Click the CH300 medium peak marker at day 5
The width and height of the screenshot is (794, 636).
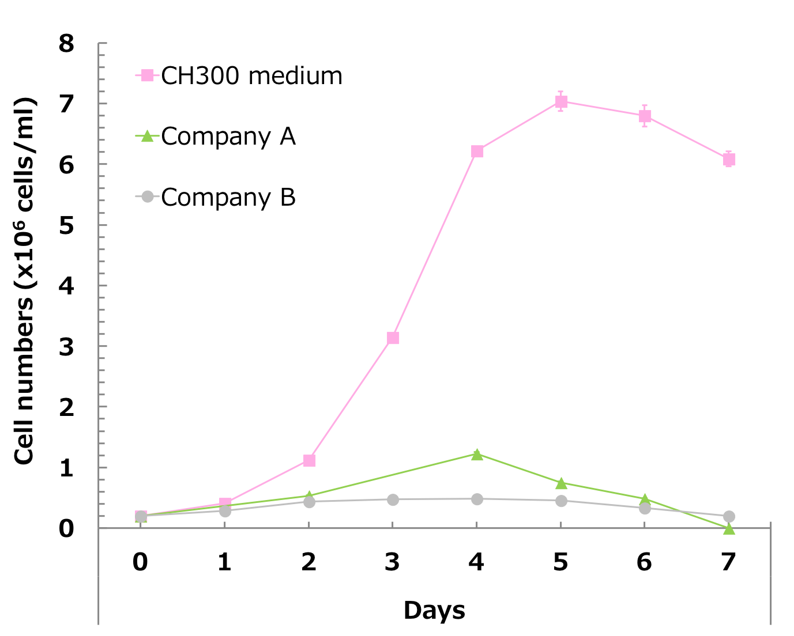(x=561, y=102)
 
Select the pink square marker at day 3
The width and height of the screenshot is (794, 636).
(x=393, y=338)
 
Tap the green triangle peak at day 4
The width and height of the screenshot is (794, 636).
(x=477, y=455)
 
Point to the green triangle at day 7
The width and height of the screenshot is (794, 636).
(x=729, y=528)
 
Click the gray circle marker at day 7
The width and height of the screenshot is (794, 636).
(x=729, y=516)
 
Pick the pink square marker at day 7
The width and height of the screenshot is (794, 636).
(x=729, y=160)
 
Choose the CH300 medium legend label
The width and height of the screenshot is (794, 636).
(x=251, y=76)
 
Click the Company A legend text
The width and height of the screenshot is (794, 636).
(x=228, y=137)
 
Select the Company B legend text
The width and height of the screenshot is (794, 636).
(x=228, y=198)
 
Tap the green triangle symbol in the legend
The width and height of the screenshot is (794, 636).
(x=147, y=137)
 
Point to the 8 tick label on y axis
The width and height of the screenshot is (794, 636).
(x=67, y=43)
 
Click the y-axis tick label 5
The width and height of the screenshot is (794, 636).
(x=67, y=225)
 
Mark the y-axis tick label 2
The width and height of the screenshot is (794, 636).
(x=67, y=407)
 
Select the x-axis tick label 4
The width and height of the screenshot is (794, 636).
(x=476, y=562)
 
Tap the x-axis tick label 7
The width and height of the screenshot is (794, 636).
(x=729, y=562)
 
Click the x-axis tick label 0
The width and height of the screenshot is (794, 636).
(x=140, y=562)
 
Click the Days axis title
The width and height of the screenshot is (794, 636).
(x=434, y=611)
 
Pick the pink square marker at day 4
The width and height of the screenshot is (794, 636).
(x=477, y=152)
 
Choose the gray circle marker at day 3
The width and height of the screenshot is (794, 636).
(x=393, y=499)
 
